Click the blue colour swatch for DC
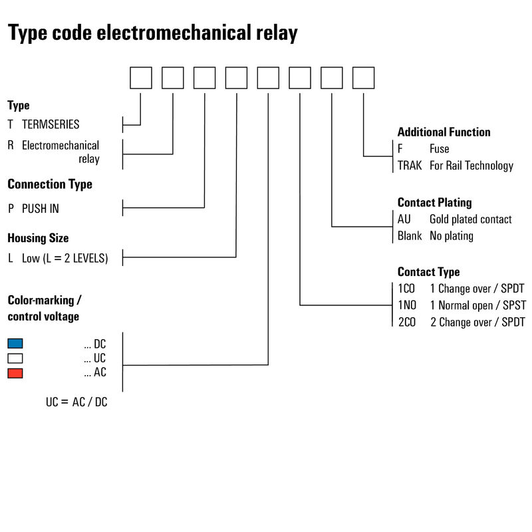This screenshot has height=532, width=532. pyautogui.click(x=15, y=344)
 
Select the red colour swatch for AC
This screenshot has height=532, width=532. pyautogui.click(x=15, y=373)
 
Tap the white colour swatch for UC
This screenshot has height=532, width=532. pyautogui.click(x=15, y=358)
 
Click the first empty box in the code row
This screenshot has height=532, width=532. pyautogui.click(x=141, y=78)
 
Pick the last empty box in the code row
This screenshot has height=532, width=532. pyautogui.click(x=363, y=78)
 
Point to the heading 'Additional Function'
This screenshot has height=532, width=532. pyautogui.click(x=444, y=132)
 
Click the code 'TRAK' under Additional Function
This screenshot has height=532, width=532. pyautogui.click(x=410, y=166)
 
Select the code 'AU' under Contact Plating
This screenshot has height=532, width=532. pyautogui.click(x=404, y=219)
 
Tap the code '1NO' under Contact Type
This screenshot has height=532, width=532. pyautogui.click(x=407, y=305)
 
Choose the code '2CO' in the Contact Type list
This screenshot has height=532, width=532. pyautogui.click(x=407, y=322)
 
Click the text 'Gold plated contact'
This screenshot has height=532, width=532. pyautogui.click(x=470, y=219)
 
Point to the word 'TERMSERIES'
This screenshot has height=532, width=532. pyautogui.click(x=51, y=124)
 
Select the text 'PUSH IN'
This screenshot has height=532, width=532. pyautogui.click(x=41, y=208)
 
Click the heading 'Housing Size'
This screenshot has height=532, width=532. pyautogui.click(x=38, y=237)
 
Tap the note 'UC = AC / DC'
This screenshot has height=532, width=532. pyautogui.click(x=76, y=402)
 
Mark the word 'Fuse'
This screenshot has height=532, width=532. pyautogui.click(x=439, y=149)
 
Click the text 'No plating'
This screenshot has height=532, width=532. pyautogui.click(x=452, y=235)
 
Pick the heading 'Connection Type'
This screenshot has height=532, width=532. pyautogui.click(x=50, y=184)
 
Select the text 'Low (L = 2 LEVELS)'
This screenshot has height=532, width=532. pyautogui.click(x=65, y=258)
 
